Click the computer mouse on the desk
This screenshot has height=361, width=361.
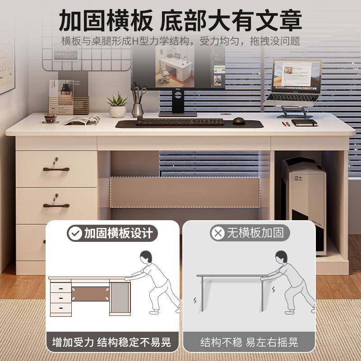pos(239,120)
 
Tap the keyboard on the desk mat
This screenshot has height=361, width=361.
pos(180,121)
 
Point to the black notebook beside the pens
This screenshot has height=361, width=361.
pos(304,122)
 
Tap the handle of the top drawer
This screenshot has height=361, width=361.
pos(56,169)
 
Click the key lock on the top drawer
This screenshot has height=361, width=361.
pos(56,159)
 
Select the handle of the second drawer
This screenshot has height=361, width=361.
pos(56,205)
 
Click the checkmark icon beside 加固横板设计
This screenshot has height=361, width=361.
pos(74,233)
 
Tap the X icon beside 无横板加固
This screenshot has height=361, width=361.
pos(218,233)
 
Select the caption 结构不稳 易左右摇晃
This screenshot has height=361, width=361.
pos(249,342)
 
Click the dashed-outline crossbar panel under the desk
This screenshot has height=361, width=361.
pos(185,191)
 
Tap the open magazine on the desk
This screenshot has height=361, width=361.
pos(82,120)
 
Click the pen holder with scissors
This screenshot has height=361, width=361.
pos(138,105)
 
